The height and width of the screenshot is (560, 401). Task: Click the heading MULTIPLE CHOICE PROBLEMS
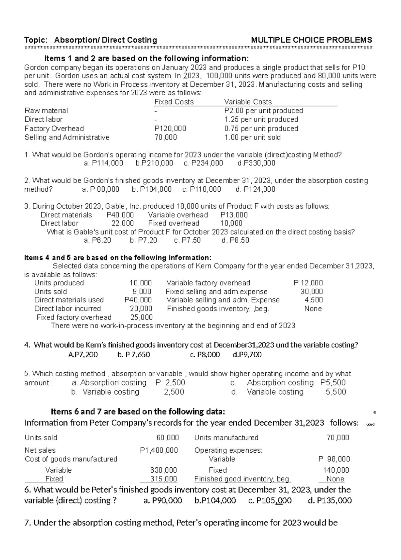311,40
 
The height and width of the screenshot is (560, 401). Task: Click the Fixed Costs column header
174,102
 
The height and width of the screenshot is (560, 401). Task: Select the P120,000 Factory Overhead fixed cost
170,128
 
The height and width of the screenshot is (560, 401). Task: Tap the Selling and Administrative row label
67,137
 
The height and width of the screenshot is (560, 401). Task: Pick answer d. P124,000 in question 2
255,189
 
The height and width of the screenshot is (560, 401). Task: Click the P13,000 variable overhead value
234,215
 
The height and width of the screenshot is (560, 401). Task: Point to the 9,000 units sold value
142,291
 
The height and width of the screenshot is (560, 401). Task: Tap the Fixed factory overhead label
74,317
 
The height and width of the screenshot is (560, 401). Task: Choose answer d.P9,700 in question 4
247,355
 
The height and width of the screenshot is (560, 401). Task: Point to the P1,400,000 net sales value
159,450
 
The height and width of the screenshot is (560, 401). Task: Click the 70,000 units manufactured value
338,438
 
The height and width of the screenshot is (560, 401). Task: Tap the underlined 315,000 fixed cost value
163,479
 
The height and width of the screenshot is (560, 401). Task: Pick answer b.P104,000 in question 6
215,500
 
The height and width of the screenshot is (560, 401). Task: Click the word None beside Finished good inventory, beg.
335,479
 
